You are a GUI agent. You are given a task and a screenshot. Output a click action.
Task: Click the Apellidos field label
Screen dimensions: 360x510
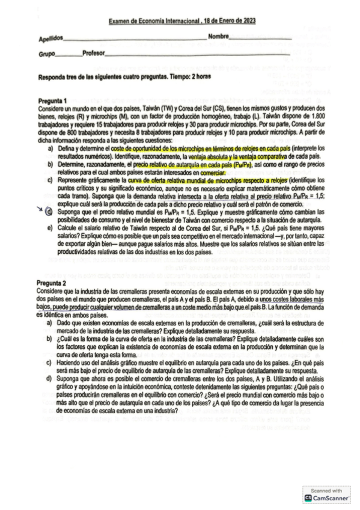pos(50,38)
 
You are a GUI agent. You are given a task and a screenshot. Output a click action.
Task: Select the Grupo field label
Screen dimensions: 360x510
pos(46,54)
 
